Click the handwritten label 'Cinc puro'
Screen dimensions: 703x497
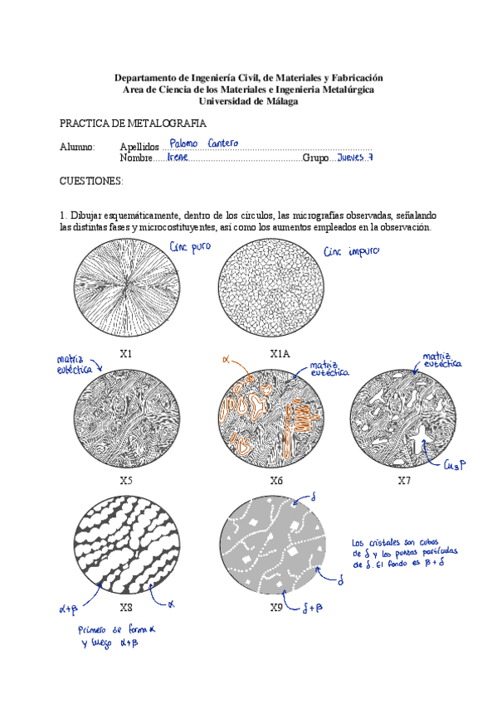[189, 247]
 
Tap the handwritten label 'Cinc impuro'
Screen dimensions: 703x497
[352, 251]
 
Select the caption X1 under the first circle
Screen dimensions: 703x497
[126, 353]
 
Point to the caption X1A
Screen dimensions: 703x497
[280, 353]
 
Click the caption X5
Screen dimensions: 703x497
[126, 480]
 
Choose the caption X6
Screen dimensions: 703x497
[276, 480]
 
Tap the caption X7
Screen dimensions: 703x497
[404, 480]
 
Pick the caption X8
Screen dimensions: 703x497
[126, 607]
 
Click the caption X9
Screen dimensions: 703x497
[276, 607]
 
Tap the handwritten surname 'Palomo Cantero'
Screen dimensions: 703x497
[203, 143]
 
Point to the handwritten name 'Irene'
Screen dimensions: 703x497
[178, 157]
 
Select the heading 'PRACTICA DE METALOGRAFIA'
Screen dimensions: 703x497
[133, 123]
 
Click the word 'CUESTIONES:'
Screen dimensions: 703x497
[91, 180]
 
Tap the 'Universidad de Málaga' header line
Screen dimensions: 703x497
[248, 101]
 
